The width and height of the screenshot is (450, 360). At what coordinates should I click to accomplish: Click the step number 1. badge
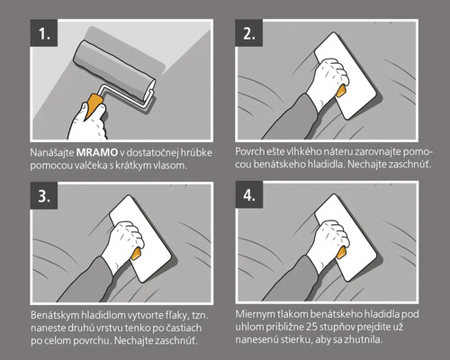point(44,33)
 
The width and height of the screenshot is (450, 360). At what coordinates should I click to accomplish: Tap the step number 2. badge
point(248,33)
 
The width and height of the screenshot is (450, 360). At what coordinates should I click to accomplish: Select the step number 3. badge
point(44,195)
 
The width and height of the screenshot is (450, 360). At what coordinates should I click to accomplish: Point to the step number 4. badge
point(248,195)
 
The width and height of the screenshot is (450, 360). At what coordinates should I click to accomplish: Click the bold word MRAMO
point(97,153)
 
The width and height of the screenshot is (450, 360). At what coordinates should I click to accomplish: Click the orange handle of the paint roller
point(94,105)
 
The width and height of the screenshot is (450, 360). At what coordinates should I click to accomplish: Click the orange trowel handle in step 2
point(341,91)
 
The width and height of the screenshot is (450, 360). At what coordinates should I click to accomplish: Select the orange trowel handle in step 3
point(137,254)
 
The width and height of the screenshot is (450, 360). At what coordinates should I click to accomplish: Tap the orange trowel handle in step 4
point(341,253)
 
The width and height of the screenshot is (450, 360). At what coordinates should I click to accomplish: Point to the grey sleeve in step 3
point(88,281)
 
